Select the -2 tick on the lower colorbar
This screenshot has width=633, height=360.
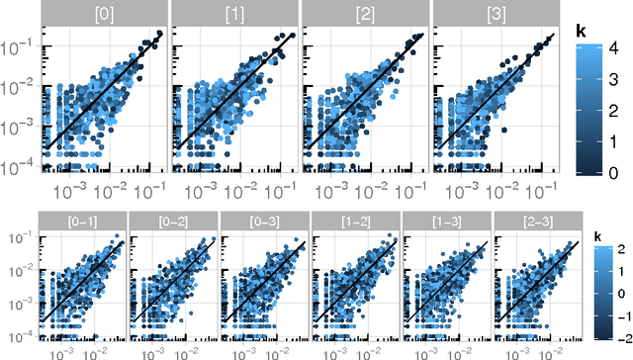(x=611, y=337)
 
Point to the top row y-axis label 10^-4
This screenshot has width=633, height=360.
(x=21, y=168)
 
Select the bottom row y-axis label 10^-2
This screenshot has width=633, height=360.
(x=18, y=269)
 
